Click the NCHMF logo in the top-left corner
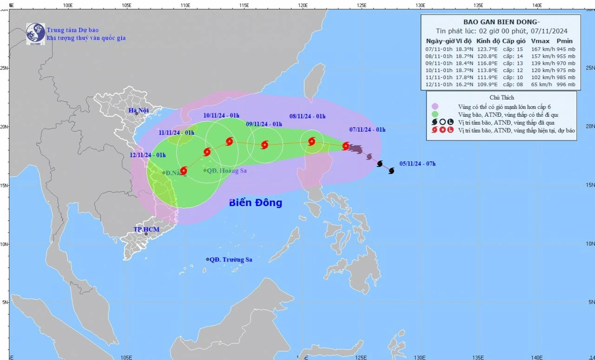[35, 34]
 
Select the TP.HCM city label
[146, 230]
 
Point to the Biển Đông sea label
[255, 203]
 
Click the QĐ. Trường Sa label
[231, 260]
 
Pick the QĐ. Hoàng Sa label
[226, 171]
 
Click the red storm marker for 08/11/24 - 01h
[311, 141]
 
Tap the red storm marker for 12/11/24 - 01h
[183, 171]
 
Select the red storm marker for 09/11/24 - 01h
[264, 145]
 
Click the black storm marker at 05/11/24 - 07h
[391, 171]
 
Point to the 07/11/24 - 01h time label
[367, 129]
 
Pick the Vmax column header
[540, 41]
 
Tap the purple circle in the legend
[435, 106]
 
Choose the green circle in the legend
[435, 114]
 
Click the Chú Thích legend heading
[501, 98]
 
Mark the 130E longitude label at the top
[420, 5]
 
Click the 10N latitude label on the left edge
[4, 244]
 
